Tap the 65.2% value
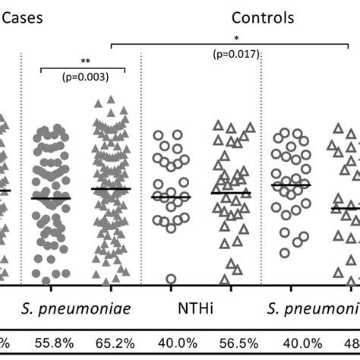(x=111, y=343)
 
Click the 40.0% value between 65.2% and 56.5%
(x=171, y=343)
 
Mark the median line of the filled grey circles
(x=50, y=198)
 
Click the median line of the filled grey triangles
(x=111, y=189)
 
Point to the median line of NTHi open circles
(x=171, y=197)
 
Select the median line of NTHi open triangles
(x=231, y=193)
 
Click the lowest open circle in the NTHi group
(x=171, y=279)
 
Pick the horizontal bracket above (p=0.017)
(x=235, y=45)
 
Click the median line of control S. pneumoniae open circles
(x=291, y=185)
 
